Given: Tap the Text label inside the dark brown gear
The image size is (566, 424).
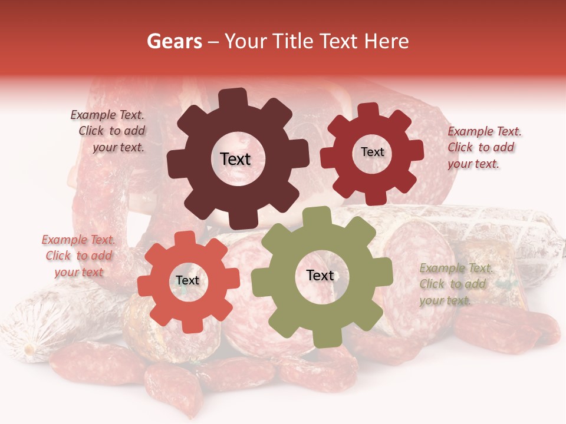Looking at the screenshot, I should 235,159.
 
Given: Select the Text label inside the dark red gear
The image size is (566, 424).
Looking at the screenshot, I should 372,152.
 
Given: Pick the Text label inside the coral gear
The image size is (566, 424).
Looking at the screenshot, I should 187,280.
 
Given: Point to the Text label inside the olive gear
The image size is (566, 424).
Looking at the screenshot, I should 320,275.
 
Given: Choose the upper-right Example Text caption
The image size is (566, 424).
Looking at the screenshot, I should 483,147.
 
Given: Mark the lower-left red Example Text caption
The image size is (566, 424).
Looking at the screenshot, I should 78,256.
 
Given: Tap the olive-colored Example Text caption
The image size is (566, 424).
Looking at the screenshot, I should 455,284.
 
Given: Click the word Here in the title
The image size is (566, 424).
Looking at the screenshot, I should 387,41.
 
